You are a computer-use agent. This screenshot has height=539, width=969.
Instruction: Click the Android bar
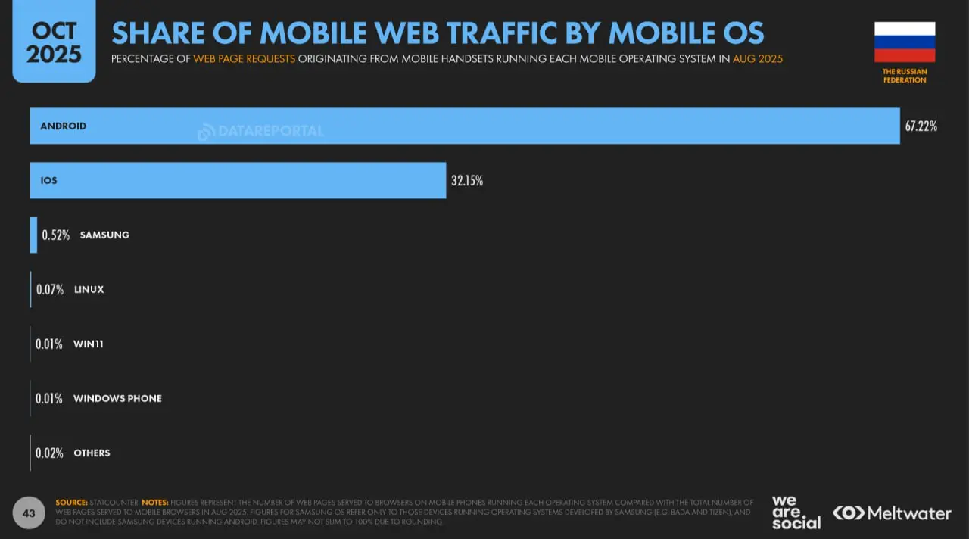465,126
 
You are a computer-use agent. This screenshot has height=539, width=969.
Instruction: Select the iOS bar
238,180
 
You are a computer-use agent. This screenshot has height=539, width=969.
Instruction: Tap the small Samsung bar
33,235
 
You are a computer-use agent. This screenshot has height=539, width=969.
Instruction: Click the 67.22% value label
921,126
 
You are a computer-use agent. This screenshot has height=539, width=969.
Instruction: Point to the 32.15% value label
467,181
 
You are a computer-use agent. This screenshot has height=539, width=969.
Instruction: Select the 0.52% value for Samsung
55,235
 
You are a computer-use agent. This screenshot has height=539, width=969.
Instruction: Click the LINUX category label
89,290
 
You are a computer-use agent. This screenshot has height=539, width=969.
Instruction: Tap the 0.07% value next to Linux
49,290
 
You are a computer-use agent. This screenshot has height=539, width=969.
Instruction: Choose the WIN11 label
89,344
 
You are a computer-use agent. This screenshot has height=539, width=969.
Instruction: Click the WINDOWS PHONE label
117,399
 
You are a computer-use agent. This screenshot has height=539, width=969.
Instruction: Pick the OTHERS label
92,453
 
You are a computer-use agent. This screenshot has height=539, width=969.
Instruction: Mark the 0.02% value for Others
49,453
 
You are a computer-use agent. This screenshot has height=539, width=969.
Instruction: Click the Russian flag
905,42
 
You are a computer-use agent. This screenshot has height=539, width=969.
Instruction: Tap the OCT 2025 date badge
54,42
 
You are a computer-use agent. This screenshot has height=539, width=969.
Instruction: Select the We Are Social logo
796,513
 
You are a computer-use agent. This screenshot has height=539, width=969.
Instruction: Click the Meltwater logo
893,513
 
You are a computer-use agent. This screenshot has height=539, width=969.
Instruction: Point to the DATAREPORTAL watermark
261,131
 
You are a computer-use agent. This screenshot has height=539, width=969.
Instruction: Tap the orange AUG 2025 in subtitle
758,58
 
